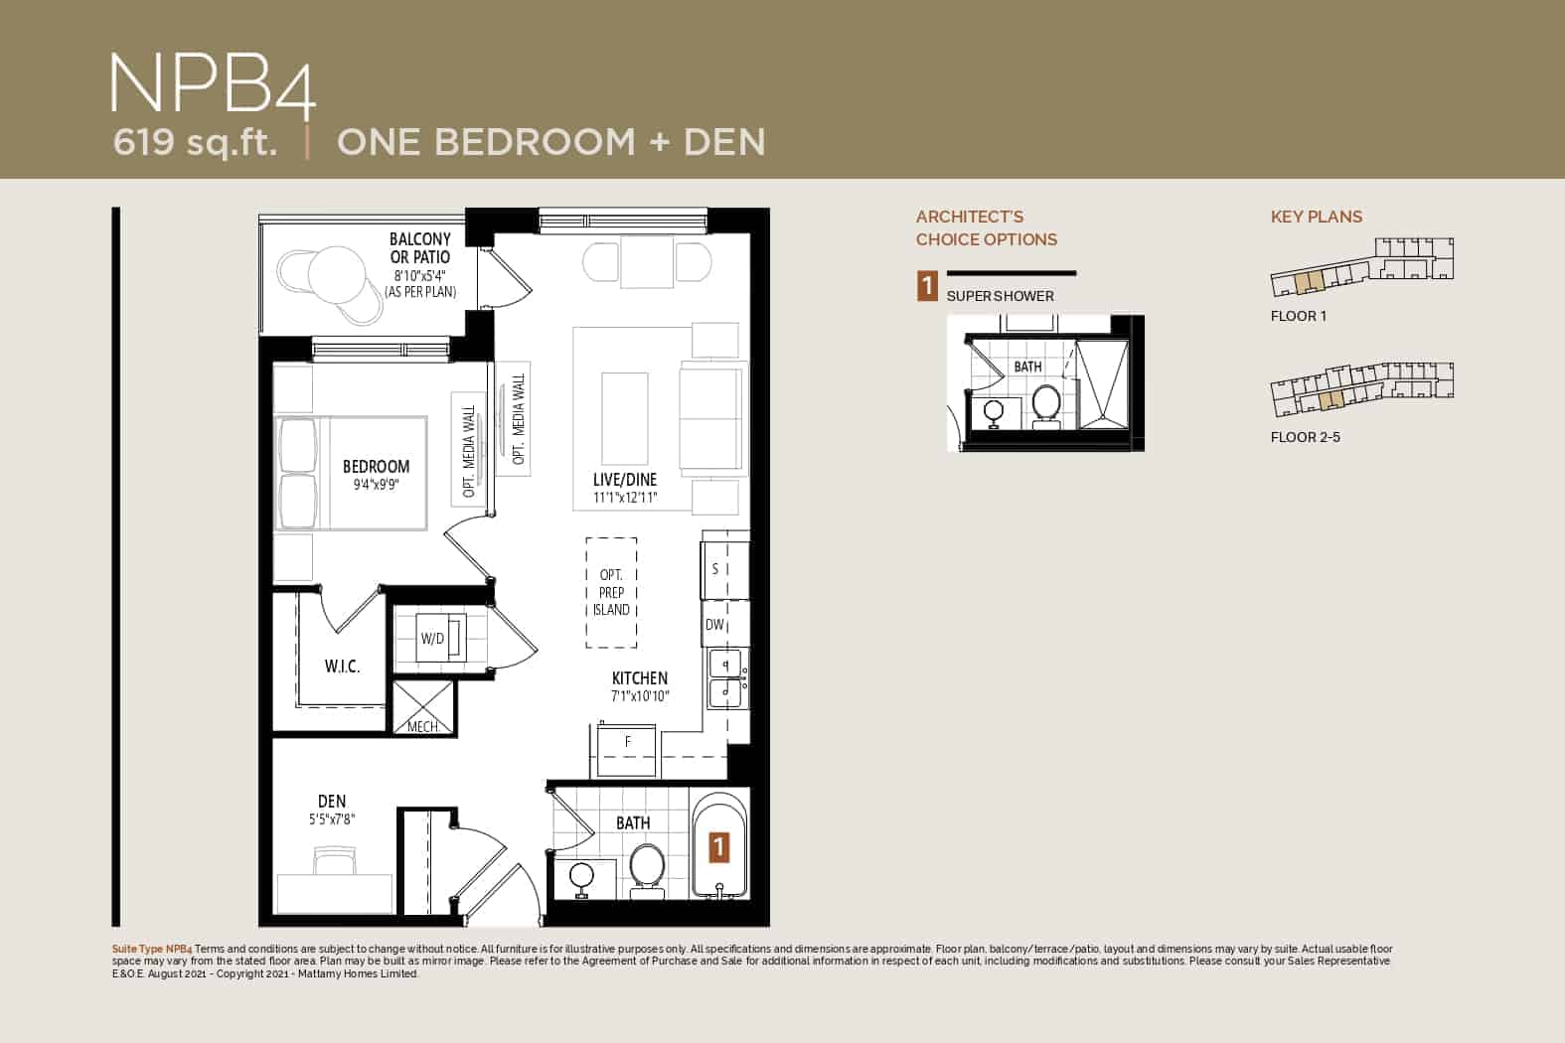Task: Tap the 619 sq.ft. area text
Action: (195, 142)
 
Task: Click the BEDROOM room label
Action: (376, 466)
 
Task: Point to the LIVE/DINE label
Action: (625, 479)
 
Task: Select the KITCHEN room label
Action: (639, 677)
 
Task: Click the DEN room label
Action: (332, 802)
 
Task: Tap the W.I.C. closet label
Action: (343, 667)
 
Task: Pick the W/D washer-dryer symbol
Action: (441, 637)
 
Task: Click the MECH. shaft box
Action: (423, 707)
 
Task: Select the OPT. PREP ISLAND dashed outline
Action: (611, 592)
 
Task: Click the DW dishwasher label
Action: (714, 625)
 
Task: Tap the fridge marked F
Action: (627, 750)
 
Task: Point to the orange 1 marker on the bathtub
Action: (719, 847)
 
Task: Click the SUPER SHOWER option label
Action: (1000, 296)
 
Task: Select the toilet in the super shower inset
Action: (1046, 403)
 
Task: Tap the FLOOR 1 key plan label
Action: (1298, 316)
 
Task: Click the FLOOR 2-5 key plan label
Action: (1305, 437)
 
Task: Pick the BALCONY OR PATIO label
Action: (420, 248)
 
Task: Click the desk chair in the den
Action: (335, 860)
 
